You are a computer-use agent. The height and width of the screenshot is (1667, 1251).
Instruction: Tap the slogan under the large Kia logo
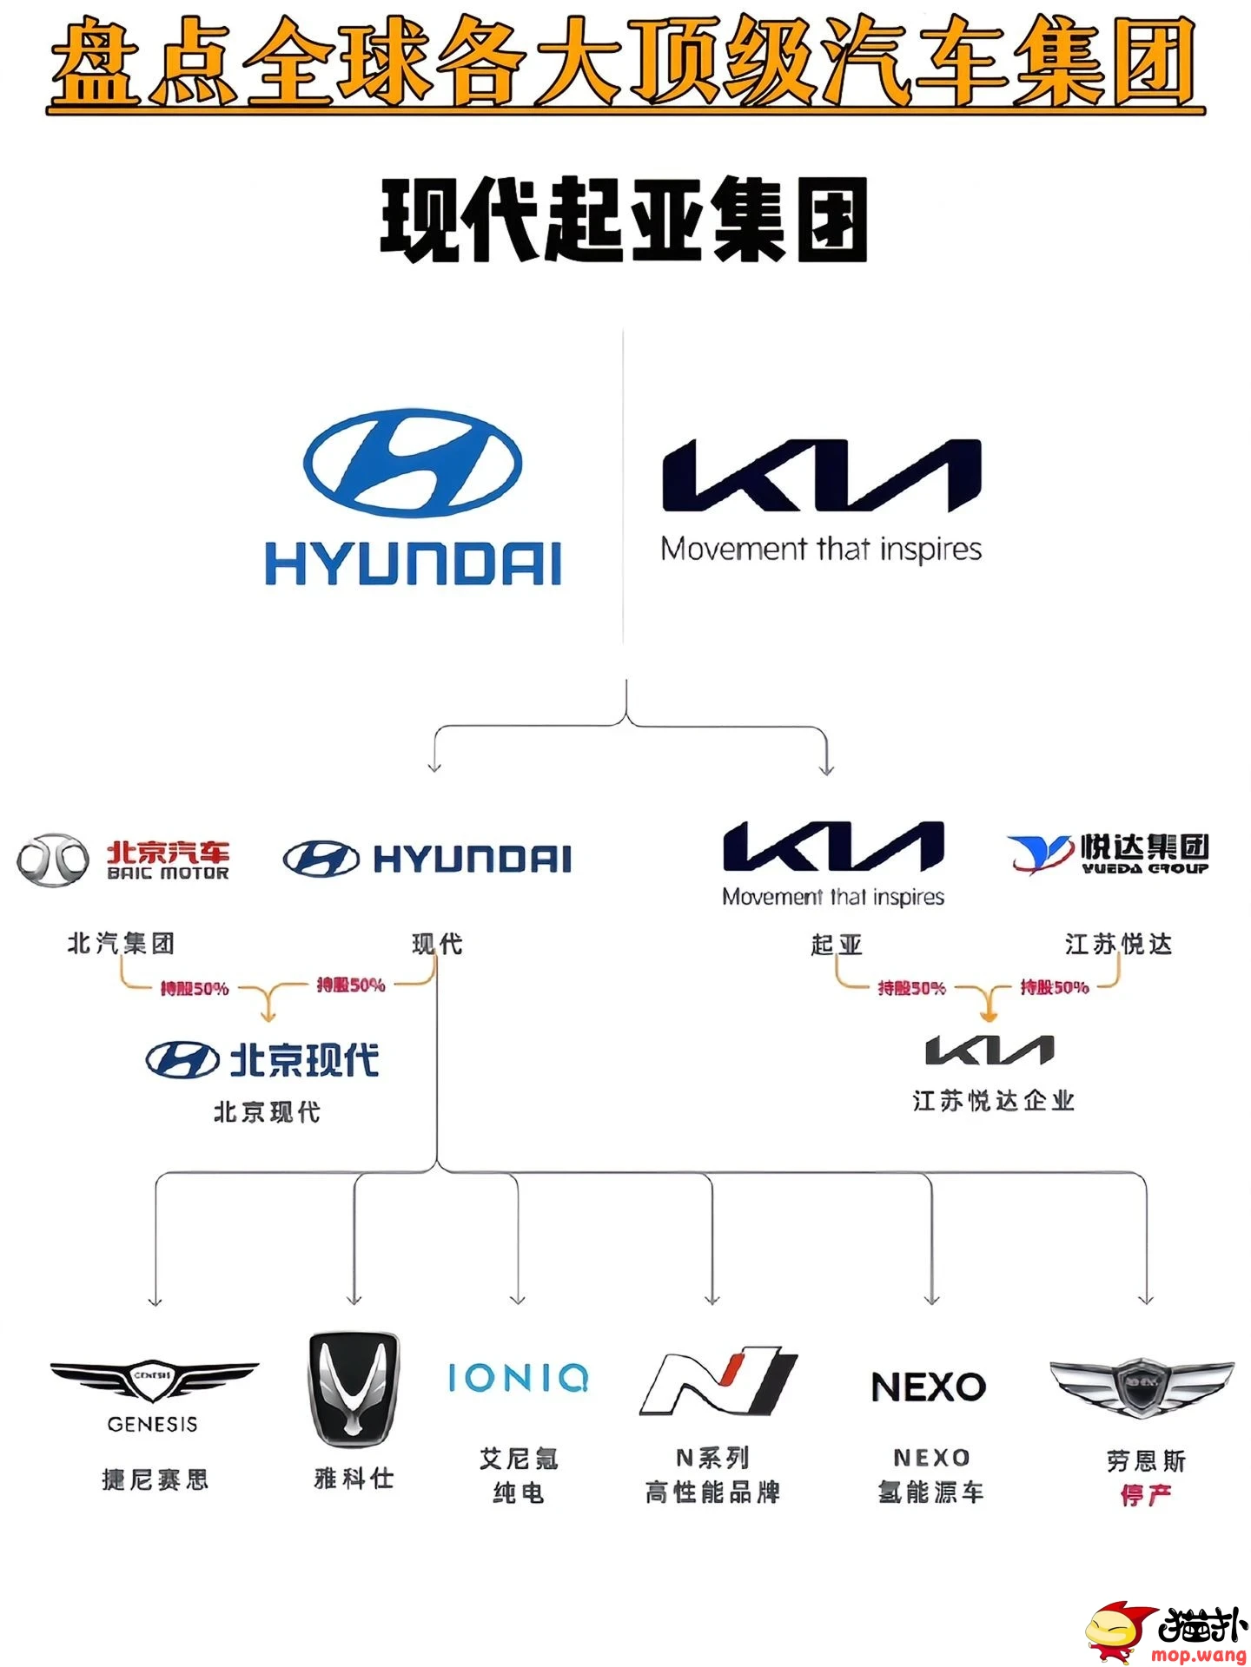[821, 549]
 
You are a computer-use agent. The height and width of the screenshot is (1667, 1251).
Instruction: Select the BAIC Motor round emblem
[53, 859]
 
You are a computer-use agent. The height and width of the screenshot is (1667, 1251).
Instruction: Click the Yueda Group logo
[1109, 853]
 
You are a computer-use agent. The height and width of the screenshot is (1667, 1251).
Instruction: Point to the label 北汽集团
[121, 943]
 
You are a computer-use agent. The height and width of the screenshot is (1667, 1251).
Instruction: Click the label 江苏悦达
[1119, 943]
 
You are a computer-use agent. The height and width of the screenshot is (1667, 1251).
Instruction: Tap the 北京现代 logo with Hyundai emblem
[262, 1060]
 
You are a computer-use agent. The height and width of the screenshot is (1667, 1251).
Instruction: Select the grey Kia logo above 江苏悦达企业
[990, 1050]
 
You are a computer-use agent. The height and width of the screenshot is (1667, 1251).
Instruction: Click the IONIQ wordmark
[519, 1378]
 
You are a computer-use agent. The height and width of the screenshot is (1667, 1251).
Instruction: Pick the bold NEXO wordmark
[929, 1387]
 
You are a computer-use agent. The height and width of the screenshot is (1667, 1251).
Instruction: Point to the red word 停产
[1146, 1495]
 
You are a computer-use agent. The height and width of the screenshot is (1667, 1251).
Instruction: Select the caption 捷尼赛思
[155, 1479]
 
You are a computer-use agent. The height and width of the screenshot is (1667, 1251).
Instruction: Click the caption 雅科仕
[354, 1477]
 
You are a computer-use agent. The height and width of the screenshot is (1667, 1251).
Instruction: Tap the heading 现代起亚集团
[625, 220]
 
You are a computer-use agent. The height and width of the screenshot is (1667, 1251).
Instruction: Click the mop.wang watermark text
[1199, 1655]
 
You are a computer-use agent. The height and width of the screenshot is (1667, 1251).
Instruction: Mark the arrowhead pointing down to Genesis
[156, 1301]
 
